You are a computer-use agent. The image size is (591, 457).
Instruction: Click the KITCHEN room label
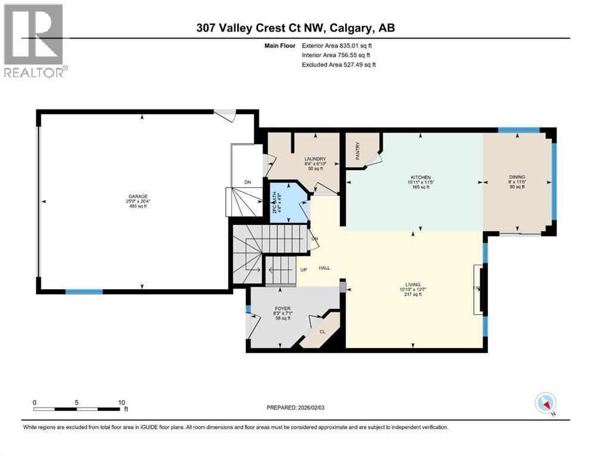tap(420, 177)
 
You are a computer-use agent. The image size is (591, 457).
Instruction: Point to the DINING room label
tap(517, 177)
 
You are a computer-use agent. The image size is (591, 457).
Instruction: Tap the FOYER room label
tap(282, 308)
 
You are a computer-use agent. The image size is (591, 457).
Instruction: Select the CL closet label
tap(323, 332)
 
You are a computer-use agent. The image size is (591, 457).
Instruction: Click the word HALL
tap(324, 268)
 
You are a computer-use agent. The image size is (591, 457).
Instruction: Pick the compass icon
tap(546, 403)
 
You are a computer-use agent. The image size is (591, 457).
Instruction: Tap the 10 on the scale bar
tap(121, 402)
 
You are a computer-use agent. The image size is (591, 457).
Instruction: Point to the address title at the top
tap(295, 27)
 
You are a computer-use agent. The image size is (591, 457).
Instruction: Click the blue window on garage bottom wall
tap(83, 292)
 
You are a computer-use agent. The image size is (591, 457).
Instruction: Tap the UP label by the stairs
tap(303, 270)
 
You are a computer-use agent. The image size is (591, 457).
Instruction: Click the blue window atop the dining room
tap(518, 130)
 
